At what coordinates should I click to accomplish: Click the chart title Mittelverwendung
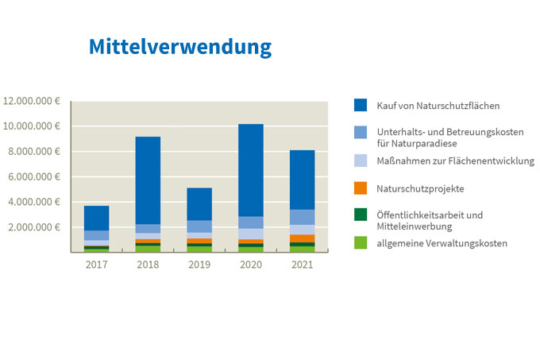[180, 47]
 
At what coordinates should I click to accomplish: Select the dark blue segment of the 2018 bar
[148, 180]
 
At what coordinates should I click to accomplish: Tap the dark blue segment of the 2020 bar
[251, 170]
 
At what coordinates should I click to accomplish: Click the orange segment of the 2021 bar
[303, 238]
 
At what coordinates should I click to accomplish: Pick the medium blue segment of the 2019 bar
[199, 226]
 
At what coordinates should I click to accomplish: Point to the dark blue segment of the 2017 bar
[96, 218]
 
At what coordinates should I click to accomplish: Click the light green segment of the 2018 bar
[148, 249]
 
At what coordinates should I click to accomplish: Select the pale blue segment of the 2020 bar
[251, 234]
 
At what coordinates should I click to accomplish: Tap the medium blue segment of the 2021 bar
[303, 217]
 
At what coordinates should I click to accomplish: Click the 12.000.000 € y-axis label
[32, 101]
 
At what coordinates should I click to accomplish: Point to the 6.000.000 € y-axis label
[34, 176]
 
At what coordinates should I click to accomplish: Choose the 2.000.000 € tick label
[34, 227]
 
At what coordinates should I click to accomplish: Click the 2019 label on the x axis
[199, 265]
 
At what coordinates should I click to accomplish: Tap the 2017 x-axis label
[96, 265]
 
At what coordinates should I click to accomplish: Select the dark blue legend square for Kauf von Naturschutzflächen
[361, 105]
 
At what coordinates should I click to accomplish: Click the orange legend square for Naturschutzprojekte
[361, 188]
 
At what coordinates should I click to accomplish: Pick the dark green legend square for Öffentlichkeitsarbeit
[361, 215]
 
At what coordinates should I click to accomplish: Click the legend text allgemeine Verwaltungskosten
[442, 243]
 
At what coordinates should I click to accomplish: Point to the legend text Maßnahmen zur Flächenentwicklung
[456, 161]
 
